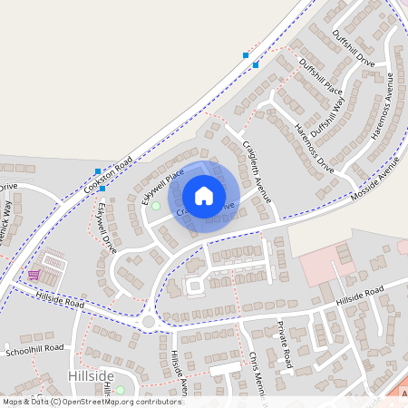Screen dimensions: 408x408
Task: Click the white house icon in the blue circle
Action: pyautogui.click(x=204, y=195)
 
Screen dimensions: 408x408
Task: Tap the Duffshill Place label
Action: pyautogui.click(x=321, y=76)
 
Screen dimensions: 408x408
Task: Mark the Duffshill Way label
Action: pyautogui.click(x=327, y=113)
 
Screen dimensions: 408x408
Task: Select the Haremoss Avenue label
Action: pyautogui.click(x=386, y=103)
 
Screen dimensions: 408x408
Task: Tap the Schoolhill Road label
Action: pyautogui.click(x=34, y=348)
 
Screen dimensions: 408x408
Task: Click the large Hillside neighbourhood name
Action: pyautogui.click(x=91, y=374)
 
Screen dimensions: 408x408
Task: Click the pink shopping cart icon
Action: pyautogui.click(x=34, y=275)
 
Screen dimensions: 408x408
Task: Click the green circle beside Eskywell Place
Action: pyautogui.click(x=155, y=206)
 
